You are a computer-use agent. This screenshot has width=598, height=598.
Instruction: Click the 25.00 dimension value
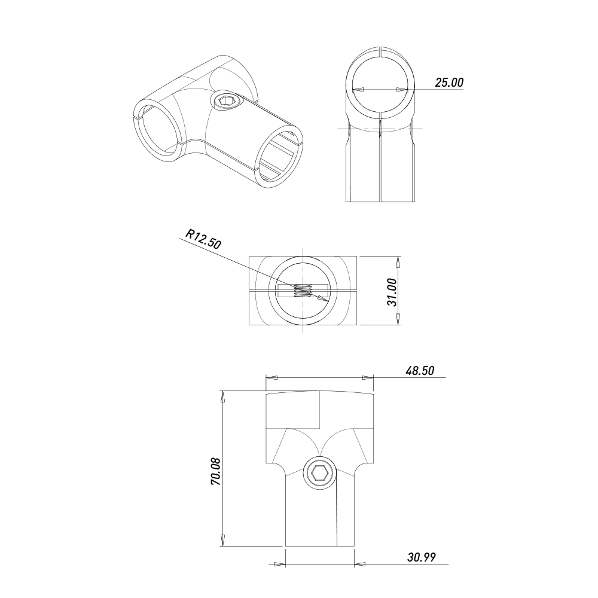(x=449, y=83)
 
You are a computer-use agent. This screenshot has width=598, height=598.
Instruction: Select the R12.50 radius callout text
(x=203, y=239)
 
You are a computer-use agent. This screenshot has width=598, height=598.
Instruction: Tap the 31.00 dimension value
(x=392, y=292)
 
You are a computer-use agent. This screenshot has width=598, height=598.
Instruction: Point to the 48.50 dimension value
(x=420, y=371)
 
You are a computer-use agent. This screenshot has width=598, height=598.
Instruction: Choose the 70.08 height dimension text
(x=216, y=472)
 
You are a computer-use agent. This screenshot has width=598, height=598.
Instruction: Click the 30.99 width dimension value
(x=422, y=557)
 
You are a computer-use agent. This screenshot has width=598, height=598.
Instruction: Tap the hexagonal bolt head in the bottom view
(x=320, y=474)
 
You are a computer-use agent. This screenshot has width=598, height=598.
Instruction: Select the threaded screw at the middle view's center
(x=304, y=291)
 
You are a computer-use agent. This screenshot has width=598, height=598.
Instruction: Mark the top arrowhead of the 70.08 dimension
(x=222, y=396)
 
